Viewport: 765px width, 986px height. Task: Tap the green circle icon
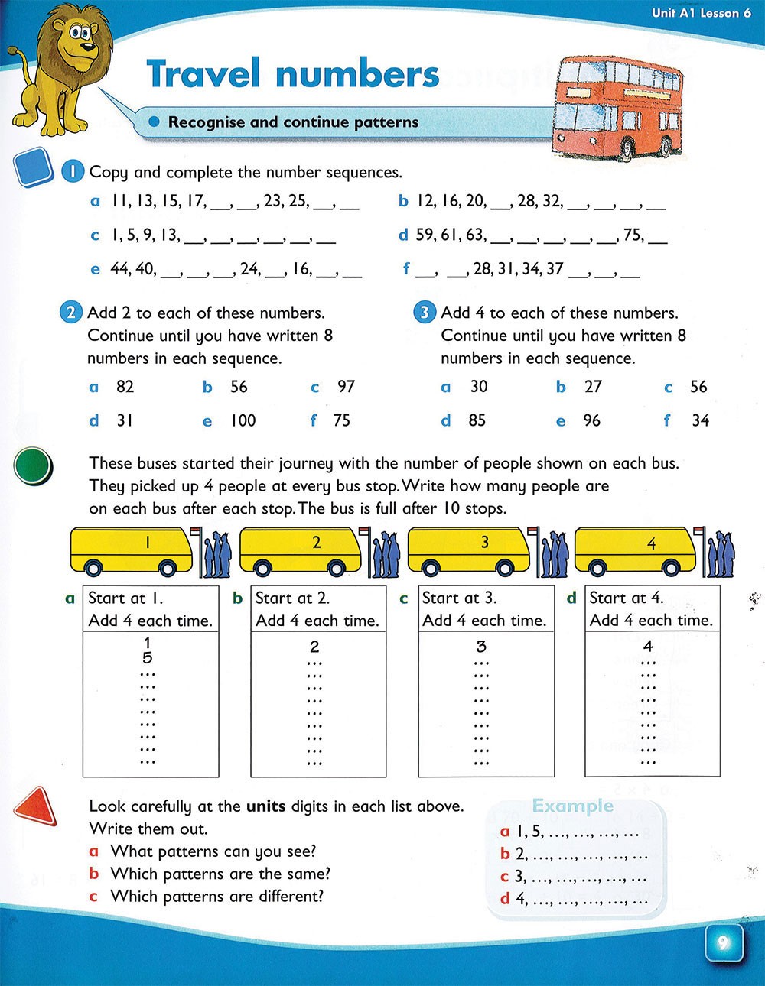tap(32, 465)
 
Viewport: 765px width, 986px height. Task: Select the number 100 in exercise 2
tap(243, 420)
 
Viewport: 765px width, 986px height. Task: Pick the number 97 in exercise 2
tap(346, 387)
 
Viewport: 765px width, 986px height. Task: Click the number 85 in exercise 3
tap(477, 420)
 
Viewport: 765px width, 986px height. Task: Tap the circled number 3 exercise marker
tap(424, 313)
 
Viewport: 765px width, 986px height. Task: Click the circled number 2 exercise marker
tap(70, 313)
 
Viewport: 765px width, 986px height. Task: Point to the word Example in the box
tap(572, 806)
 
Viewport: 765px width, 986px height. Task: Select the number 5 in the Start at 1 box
tap(148, 658)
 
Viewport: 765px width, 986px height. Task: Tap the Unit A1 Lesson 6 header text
tap(701, 13)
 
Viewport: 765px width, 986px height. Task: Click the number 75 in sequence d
tap(633, 235)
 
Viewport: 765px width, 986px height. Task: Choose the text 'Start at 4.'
tap(626, 598)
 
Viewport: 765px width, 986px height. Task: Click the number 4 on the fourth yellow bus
tap(651, 544)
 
